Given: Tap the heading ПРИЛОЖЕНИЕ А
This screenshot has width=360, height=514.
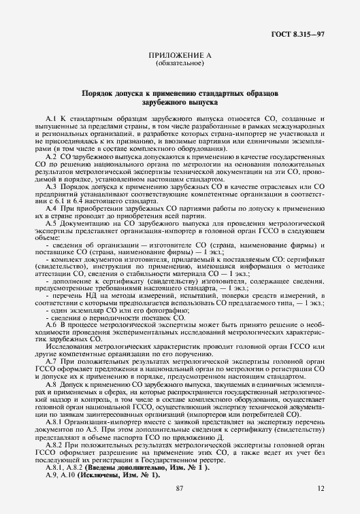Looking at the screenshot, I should [180, 56].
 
